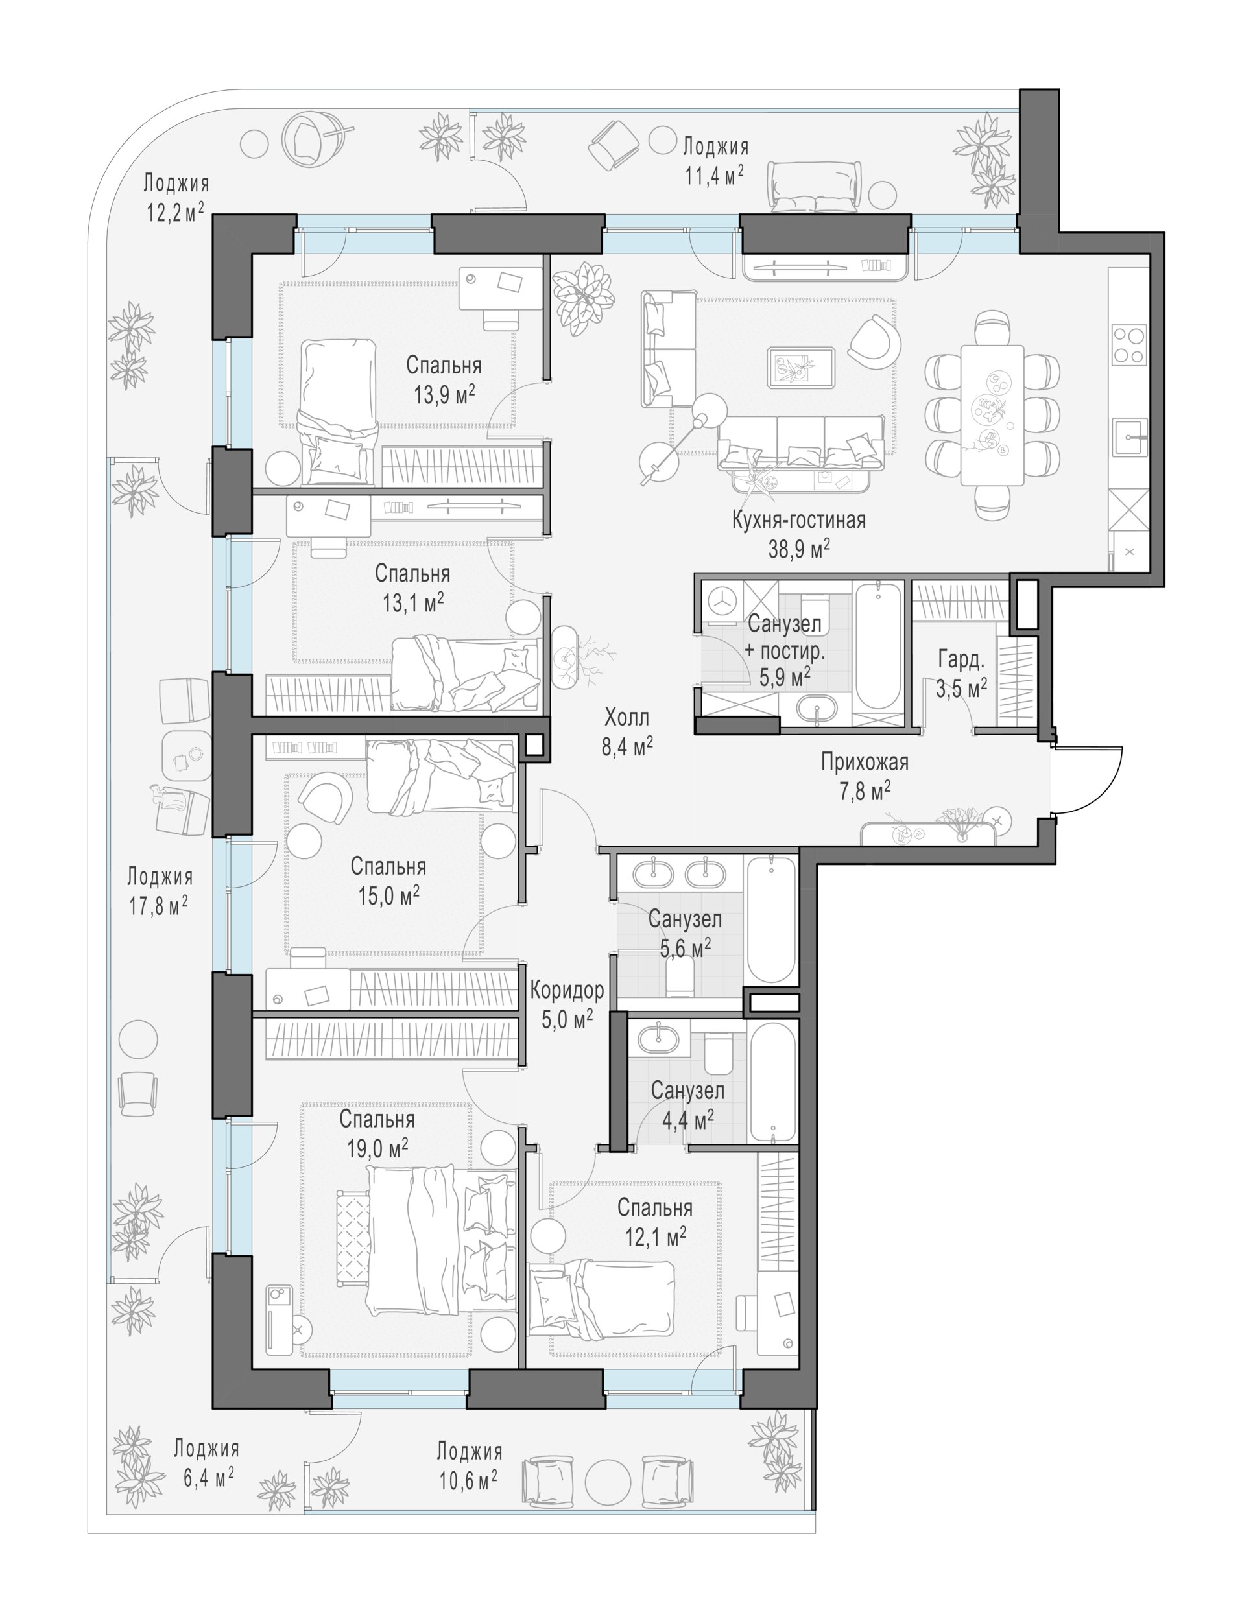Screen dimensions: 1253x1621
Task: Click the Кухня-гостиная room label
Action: (799, 519)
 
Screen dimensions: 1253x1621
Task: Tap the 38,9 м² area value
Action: (799, 549)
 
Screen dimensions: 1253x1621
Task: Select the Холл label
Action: (626, 717)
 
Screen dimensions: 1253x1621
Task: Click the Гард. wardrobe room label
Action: (961, 659)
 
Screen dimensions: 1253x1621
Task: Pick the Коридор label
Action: (567, 989)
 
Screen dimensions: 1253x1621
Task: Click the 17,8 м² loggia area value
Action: (158, 906)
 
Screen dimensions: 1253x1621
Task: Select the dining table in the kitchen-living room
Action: (992, 415)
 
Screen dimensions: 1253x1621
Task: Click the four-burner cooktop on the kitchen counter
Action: (1129, 345)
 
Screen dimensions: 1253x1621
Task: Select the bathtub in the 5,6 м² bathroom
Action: (771, 919)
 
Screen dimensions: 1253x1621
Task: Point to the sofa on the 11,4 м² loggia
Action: (815, 187)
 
